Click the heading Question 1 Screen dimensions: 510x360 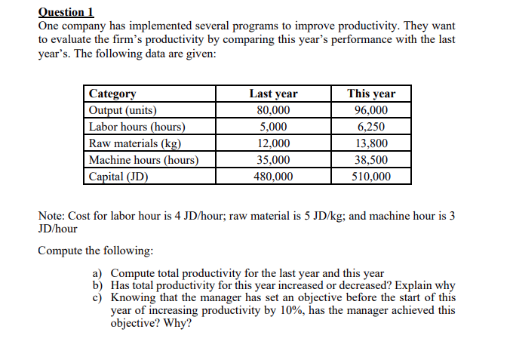tap(66, 11)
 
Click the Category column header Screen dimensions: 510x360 tap(112, 94)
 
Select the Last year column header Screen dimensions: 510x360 tap(273, 94)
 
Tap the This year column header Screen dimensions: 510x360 tap(371, 94)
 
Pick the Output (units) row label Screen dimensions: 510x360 tap(123, 110)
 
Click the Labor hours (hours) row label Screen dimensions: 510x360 tap(137, 127)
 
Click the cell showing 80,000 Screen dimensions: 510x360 tap(273, 110)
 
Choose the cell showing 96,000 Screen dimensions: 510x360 tap(371, 110)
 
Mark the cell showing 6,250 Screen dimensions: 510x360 tap(371, 127)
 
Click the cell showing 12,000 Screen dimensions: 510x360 tap(273, 143)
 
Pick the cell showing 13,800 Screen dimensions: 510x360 tap(371, 143)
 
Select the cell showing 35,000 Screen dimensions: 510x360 tap(273, 160)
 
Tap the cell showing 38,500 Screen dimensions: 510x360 tap(371, 160)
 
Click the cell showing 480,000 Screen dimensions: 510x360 tap(273, 177)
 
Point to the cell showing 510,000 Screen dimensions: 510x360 tap(371, 177)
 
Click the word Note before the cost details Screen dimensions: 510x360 tap(51, 217)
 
